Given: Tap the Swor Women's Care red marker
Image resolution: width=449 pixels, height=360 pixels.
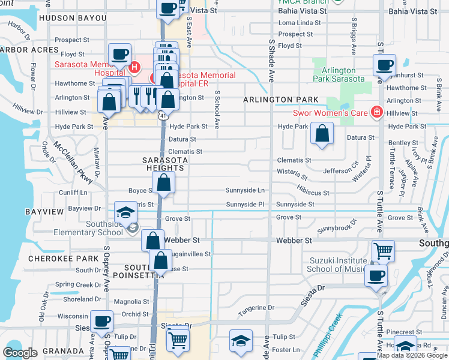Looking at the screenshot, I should [x=376, y=112].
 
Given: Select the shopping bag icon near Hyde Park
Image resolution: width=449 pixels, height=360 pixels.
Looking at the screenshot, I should [x=322, y=134].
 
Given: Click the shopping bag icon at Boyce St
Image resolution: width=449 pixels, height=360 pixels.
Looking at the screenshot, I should [x=163, y=184].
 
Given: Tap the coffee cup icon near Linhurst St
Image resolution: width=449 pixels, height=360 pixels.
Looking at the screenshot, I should [x=384, y=65].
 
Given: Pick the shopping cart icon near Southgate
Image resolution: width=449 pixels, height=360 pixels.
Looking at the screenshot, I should [x=383, y=250].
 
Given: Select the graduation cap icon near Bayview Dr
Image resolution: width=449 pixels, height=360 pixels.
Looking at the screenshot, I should [x=126, y=213].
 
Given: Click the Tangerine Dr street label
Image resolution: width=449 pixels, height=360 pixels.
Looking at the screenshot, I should [x=256, y=308].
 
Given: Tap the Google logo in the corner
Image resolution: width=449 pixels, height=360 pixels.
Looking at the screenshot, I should [x=20, y=352].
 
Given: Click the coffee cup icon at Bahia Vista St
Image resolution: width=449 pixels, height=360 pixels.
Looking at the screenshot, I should [x=168, y=8].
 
